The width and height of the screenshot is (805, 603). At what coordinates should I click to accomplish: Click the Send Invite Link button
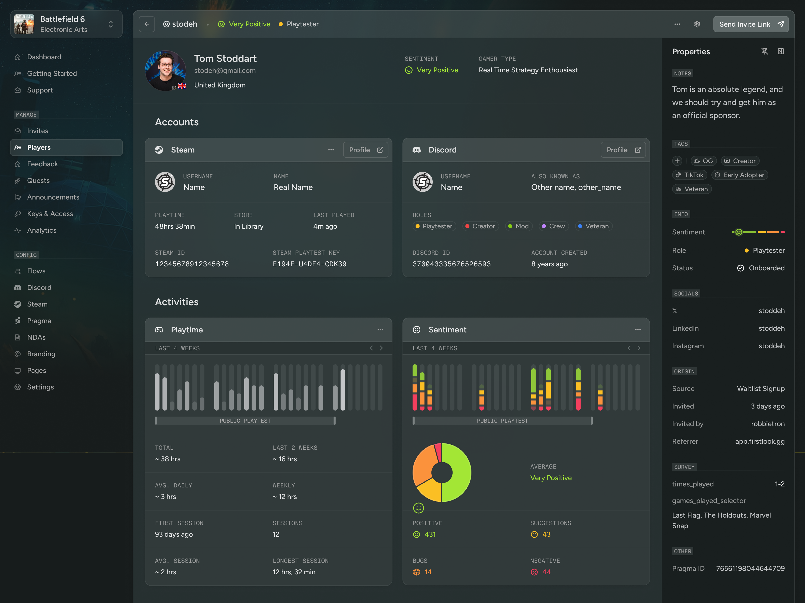click(751, 24)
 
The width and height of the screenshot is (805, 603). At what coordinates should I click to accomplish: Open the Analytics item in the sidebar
click(42, 230)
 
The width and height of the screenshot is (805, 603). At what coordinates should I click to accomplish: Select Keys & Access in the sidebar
click(50, 214)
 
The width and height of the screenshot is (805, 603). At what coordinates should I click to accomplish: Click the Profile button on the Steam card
click(365, 150)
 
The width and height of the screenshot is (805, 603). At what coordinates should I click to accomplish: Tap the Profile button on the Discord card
click(623, 150)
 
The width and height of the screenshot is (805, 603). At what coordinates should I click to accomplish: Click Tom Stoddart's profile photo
click(166, 71)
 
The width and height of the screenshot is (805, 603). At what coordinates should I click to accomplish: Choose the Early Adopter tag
click(740, 175)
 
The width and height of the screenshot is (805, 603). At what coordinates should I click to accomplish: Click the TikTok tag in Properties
click(690, 175)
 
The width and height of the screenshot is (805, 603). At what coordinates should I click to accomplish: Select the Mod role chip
click(518, 226)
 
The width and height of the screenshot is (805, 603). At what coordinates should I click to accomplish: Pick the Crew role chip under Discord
click(553, 226)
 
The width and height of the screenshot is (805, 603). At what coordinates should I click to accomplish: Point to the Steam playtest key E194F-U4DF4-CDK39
click(309, 264)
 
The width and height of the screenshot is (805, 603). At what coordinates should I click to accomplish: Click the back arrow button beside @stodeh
click(147, 24)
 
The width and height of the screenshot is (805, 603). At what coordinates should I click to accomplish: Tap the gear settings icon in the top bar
click(697, 24)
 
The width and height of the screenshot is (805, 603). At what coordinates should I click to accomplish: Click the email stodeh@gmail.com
click(225, 71)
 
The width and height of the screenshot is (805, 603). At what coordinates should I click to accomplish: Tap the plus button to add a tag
click(677, 161)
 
